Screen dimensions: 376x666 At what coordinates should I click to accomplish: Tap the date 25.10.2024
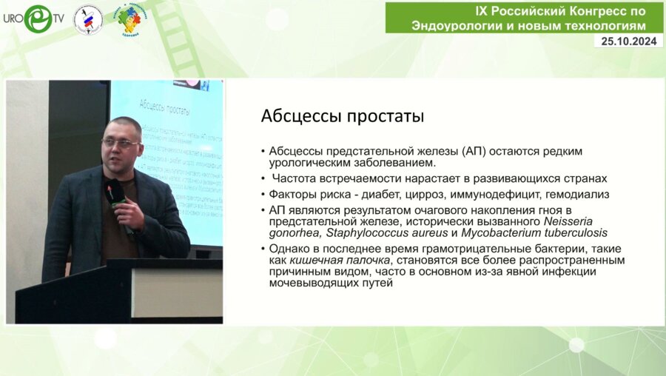(x=629, y=41)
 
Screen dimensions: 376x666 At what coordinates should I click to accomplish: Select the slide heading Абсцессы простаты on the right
(x=343, y=116)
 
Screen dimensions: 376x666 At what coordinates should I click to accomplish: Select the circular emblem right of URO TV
(x=88, y=19)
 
